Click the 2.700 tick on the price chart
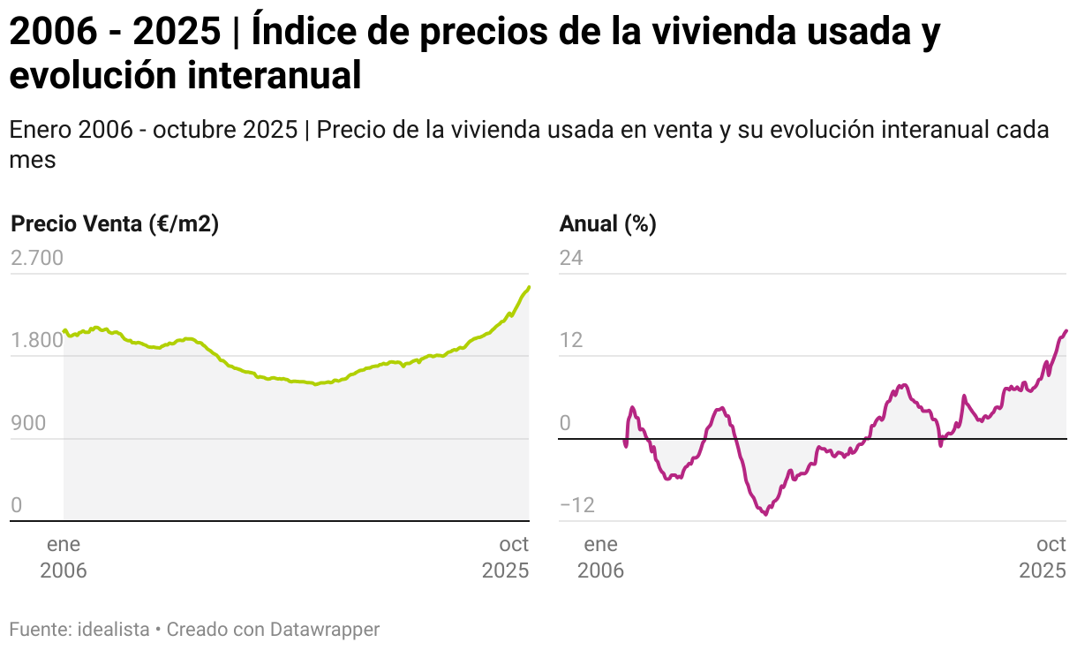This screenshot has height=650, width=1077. pyautogui.click(x=36, y=258)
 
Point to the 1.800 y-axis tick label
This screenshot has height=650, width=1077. pyautogui.click(x=36, y=341)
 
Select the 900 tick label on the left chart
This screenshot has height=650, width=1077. pyautogui.click(x=27, y=423)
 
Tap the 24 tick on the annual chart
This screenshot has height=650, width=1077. pyautogui.click(x=571, y=258)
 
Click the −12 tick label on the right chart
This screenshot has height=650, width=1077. pyautogui.click(x=576, y=506)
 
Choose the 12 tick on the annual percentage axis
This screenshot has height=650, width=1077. pyautogui.click(x=571, y=341)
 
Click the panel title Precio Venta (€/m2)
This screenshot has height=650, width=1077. pyautogui.click(x=115, y=224)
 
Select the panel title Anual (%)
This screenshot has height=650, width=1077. pyautogui.click(x=608, y=224)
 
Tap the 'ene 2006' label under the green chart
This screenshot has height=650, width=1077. pyautogui.click(x=64, y=557)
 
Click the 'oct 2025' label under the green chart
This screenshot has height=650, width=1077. pyautogui.click(x=506, y=557)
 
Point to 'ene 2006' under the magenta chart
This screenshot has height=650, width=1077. pyautogui.click(x=601, y=557)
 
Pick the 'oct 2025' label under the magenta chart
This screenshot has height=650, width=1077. pyautogui.click(x=1043, y=557)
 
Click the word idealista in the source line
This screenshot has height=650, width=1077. pyautogui.click(x=114, y=630)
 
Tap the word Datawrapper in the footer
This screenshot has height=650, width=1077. pyautogui.click(x=325, y=630)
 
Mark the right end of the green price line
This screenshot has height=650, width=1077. pyautogui.click(x=528, y=287)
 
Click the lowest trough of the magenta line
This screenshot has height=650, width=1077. pyautogui.click(x=765, y=514)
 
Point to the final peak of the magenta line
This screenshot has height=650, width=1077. pyautogui.click(x=1066, y=331)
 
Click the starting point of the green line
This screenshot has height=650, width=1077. pyautogui.click(x=64, y=330)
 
